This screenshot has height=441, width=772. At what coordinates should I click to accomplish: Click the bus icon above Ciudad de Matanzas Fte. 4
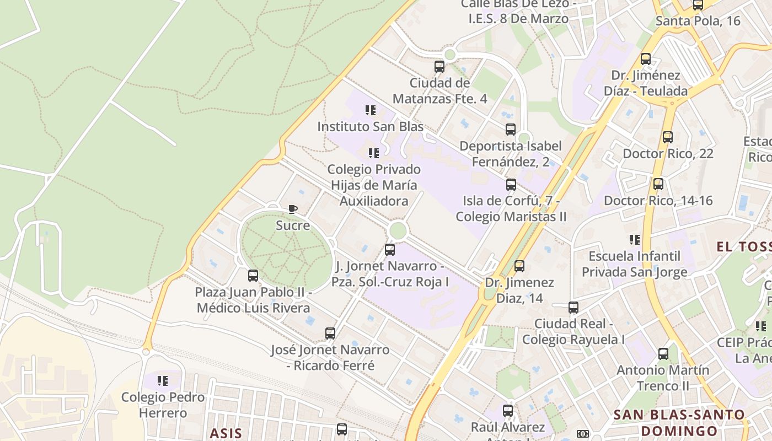click(439, 67)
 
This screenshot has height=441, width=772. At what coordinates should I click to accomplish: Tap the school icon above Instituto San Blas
click(371, 110)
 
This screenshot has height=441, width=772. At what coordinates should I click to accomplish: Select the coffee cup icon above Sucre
click(293, 209)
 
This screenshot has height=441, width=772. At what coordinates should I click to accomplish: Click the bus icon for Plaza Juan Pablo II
click(253, 275)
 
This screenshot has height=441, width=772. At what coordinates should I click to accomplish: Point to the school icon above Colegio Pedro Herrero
click(163, 380)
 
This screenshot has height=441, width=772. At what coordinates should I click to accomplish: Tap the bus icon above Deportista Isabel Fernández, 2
click(511, 130)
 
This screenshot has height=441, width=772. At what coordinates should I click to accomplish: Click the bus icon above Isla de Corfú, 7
click(511, 184)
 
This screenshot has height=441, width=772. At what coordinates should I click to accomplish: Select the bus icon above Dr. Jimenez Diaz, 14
click(519, 266)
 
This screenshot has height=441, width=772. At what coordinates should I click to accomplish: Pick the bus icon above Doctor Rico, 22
click(668, 137)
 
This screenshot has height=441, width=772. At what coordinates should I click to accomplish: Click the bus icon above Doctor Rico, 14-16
click(658, 184)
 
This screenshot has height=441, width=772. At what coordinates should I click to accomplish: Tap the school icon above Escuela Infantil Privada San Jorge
click(635, 240)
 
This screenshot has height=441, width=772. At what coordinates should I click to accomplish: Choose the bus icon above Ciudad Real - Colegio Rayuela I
click(573, 307)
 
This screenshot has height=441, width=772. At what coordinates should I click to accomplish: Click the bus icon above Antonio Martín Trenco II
click(663, 353)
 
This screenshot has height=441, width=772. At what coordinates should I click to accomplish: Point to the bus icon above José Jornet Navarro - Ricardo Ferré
click(330, 333)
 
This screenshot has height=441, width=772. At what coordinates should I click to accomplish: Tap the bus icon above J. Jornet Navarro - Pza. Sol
click(390, 250)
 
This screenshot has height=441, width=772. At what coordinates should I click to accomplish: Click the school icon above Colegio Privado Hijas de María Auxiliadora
click(374, 153)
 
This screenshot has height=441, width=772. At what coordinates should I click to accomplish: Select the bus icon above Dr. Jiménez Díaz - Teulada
click(646, 58)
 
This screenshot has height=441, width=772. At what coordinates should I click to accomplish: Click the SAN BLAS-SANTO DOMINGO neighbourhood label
click(679, 422)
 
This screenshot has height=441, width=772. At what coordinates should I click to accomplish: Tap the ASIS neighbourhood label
click(226, 433)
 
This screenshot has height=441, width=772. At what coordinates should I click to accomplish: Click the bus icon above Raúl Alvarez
click(508, 410)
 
